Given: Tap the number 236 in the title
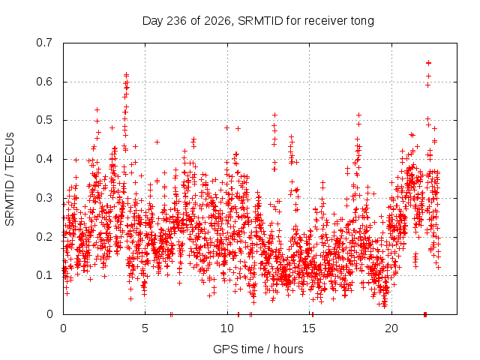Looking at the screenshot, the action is coord(176,21).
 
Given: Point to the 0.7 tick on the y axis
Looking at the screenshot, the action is coord(44,43).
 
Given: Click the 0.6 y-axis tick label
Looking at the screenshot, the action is coord(44,82).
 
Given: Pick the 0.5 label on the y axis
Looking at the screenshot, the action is coord(44,120).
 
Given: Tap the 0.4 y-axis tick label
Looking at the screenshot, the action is coord(44,159).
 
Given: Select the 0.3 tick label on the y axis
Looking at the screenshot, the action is coord(44,198).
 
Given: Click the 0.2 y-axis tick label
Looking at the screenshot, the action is coord(44,237).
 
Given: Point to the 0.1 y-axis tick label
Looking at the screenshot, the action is coord(44,275).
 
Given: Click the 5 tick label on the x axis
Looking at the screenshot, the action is coord(145,328).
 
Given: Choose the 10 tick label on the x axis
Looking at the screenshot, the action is coord(227,328).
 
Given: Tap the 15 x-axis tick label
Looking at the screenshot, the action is coord(309,328).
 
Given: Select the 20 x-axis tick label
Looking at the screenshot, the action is coord(391,328).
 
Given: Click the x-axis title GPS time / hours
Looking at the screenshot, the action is coord(258,349).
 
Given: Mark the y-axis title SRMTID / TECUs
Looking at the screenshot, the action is coord(10,179).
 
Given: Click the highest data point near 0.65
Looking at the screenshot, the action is coord(428,63).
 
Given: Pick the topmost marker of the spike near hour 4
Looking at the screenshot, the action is coord(126,75).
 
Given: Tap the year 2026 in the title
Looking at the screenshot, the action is coord(217,21).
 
